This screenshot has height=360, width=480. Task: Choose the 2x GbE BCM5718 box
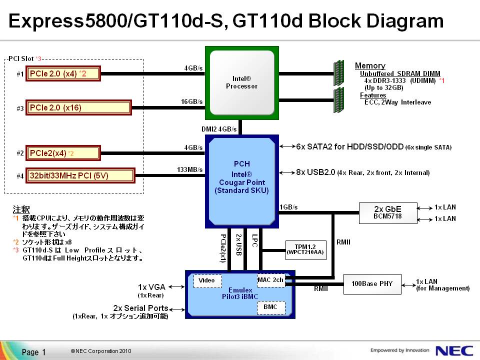(x=387, y=212)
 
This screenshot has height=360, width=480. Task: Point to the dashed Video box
(x=207, y=280)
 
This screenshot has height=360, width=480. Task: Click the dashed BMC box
(x=270, y=306)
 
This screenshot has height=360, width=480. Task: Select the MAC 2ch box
(x=270, y=280)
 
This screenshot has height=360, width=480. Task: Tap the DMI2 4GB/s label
(x=219, y=129)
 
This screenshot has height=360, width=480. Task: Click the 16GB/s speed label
(x=192, y=102)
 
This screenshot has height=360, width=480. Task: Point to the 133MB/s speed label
(x=190, y=170)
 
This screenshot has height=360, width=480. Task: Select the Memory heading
(x=370, y=65)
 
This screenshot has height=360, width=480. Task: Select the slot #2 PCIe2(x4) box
(x=63, y=152)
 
